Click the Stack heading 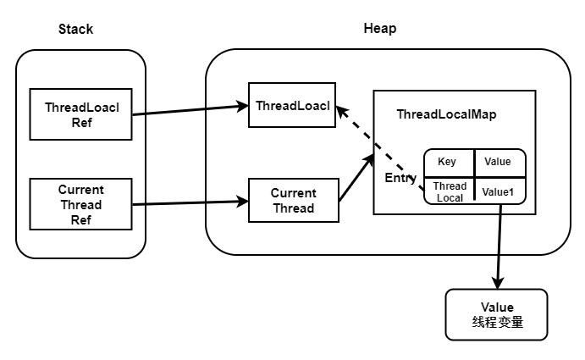click(75, 29)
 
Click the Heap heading click(379, 28)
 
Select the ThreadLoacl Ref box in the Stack click(81, 114)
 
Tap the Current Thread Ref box click(81, 204)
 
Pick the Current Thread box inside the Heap click(293, 200)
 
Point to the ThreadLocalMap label click(446, 114)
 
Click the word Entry click(400, 178)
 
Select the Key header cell click(447, 162)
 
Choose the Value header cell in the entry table click(498, 162)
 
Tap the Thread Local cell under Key click(450, 191)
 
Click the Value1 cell click(498, 191)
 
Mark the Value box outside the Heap click(496, 314)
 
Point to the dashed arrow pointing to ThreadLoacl click(381, 149)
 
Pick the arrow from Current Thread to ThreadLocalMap click(356, 177)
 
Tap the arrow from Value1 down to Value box click(499, 246)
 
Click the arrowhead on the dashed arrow click(340, 110)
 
